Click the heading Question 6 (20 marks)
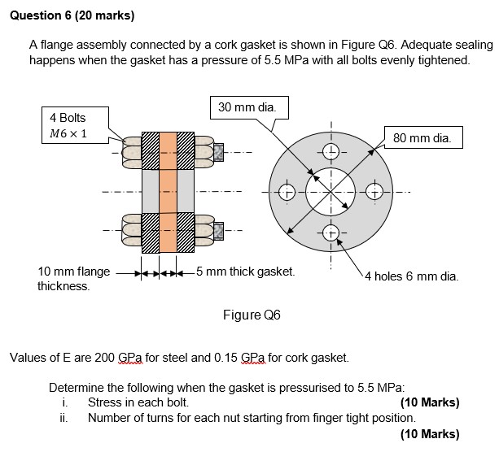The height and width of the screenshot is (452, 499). coord(72,15)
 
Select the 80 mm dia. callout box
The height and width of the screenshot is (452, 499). coord(422,138)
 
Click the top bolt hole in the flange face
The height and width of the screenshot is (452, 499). coord(331,152)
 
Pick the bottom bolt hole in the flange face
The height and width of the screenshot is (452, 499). coord(331,232)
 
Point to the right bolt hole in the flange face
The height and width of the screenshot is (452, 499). coord(374,193)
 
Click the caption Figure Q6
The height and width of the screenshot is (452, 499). coord(251,315)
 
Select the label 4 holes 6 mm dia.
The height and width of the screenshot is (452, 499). coord(411,276)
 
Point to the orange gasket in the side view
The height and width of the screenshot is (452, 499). coord(168,192)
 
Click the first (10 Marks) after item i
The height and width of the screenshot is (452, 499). coord(430,402)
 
